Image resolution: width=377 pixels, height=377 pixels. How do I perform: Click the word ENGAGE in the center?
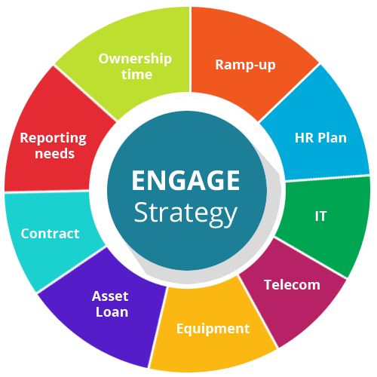185,180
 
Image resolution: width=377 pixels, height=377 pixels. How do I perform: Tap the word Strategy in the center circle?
185,213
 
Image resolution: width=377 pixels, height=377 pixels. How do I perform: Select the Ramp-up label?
245,66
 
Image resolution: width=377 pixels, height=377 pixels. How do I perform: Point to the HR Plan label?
320,138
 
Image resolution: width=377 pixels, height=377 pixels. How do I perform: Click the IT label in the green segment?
320,216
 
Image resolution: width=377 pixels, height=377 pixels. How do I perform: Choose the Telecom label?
292,285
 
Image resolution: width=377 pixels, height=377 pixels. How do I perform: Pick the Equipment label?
213,329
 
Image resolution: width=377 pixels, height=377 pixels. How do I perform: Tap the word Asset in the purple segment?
110,296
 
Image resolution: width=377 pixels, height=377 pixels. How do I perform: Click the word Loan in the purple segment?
112,312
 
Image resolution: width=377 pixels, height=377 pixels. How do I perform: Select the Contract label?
50,234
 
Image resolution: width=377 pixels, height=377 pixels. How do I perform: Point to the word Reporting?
53,139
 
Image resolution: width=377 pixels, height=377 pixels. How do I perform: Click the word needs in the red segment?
54,154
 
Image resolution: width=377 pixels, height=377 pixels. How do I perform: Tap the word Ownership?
135,60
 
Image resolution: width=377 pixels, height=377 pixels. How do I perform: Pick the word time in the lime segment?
136,75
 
